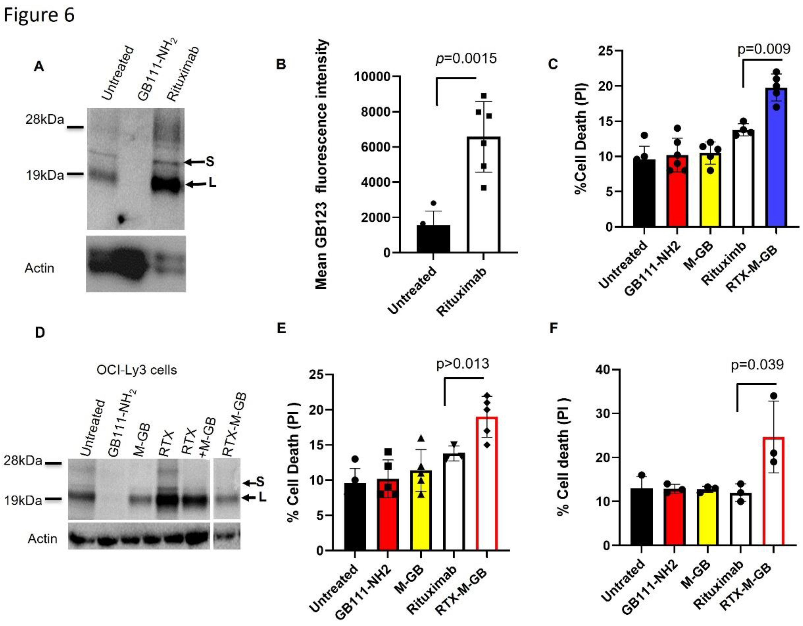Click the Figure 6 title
(39, 15)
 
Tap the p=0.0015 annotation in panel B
(466, 58)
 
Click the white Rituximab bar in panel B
(484, 195)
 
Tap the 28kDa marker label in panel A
(44, 120)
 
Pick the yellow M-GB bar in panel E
(421, 511)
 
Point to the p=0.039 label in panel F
(757, 365)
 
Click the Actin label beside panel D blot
(42, 539)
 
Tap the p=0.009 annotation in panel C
(764, 49)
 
